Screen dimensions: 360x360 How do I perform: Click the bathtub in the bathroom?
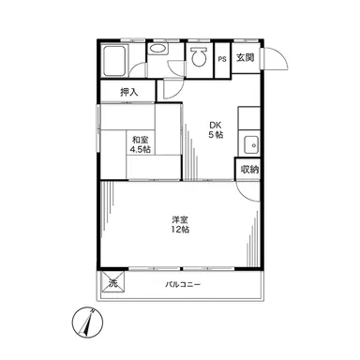114,61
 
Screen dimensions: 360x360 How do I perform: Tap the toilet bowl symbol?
199,56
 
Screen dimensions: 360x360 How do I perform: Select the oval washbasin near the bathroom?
157,49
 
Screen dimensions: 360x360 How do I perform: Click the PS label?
222,59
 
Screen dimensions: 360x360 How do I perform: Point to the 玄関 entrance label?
246,57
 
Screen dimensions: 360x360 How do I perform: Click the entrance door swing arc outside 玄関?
280,56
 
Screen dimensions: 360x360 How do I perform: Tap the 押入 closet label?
129,92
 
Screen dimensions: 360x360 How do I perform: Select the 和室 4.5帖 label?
141,144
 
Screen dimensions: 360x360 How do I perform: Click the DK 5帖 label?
216,130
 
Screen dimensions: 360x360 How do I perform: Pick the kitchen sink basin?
251,145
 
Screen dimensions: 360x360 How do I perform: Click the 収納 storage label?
249,170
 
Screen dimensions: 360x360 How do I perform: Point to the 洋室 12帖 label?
180,224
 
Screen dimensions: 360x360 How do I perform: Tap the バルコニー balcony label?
183,285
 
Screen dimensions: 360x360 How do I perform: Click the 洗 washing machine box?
112,281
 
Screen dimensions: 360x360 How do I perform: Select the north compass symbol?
87,322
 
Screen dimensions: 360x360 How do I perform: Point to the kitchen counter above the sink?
249,118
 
